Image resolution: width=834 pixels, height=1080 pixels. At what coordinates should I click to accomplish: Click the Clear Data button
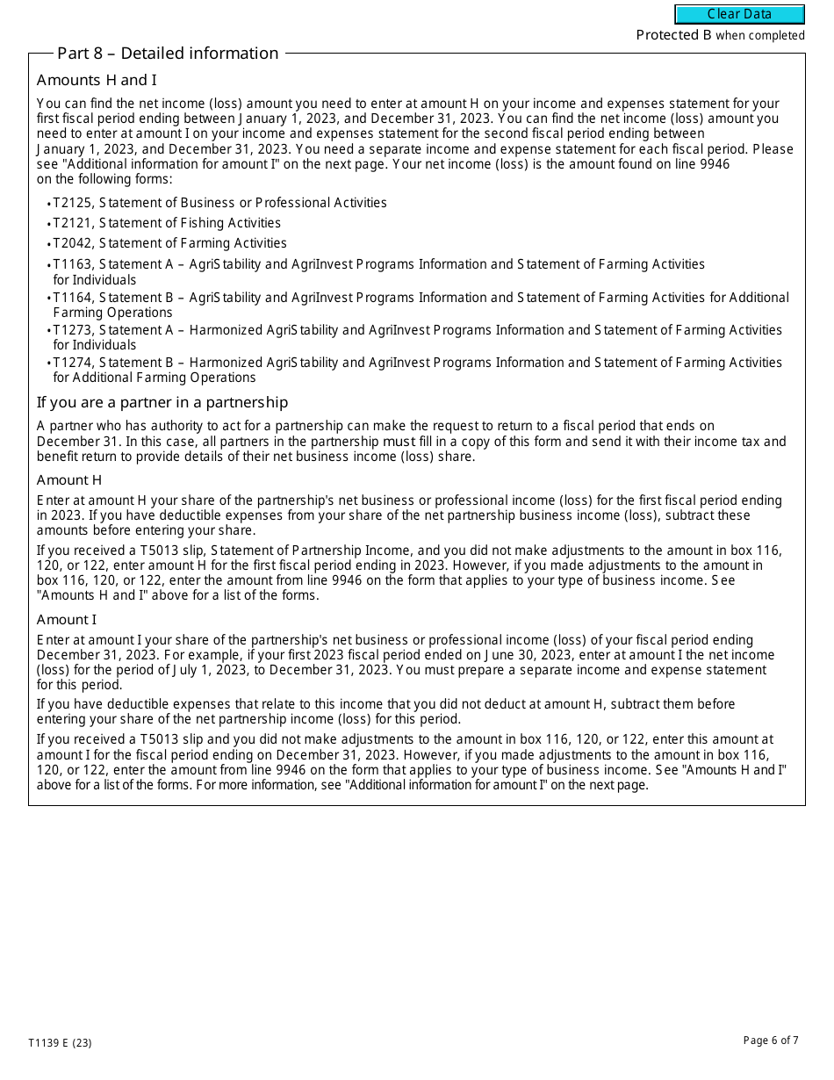click(x=739, y=14)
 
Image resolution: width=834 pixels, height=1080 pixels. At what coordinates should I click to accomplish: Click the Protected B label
click(x=673, y=35)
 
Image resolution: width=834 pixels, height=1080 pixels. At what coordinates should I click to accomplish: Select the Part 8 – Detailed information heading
click(x=168, y=54)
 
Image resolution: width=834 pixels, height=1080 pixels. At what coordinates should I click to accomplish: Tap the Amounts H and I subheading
click(x=97, y=81)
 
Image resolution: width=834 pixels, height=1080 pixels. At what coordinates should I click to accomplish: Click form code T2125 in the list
click(x=72, y=203)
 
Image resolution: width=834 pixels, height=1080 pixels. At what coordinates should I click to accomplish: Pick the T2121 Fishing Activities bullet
click(x=167, y=223)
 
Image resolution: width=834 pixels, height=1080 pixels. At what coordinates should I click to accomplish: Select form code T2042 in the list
click(x=72, y=243)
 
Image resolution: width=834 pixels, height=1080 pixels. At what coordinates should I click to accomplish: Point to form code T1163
click(x=72, y=264)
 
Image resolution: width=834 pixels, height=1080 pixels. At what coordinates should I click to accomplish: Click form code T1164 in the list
click(x=72, y=298)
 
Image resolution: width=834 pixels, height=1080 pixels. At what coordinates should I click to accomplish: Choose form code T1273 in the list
click(x=72, y=330)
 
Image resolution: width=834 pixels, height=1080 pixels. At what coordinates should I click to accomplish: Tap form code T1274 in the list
click(x=72, y=363)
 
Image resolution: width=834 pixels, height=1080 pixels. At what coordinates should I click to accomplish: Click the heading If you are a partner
click(x=162, y=402)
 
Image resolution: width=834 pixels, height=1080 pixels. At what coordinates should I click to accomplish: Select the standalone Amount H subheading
click(x=69, y=479)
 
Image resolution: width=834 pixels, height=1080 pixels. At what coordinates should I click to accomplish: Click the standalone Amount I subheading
click(x=67, y=620)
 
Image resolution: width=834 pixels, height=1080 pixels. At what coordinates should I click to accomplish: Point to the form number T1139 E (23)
click(x=60, y=1043)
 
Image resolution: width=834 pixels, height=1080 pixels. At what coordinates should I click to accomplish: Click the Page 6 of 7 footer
click(x=771, y=1040)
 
